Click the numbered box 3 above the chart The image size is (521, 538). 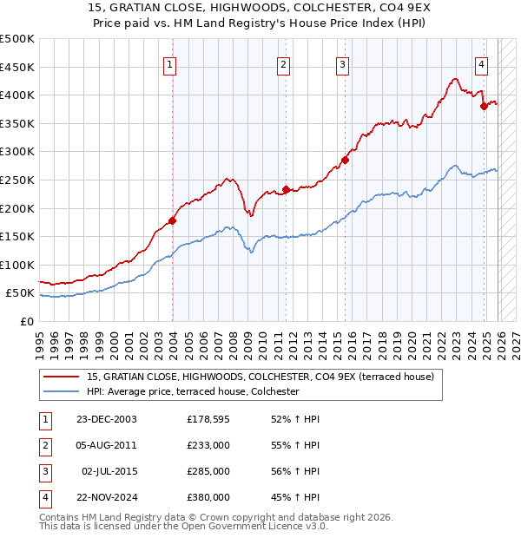coord(343,63)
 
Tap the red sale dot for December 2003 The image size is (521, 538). coord(172,220)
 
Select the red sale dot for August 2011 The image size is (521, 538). coord(286,189)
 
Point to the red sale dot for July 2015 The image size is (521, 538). coord(345,160)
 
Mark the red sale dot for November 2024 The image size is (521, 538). coord(484,106)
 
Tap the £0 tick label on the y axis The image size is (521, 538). coord(27,321)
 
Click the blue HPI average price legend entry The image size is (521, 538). coord(192,392)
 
